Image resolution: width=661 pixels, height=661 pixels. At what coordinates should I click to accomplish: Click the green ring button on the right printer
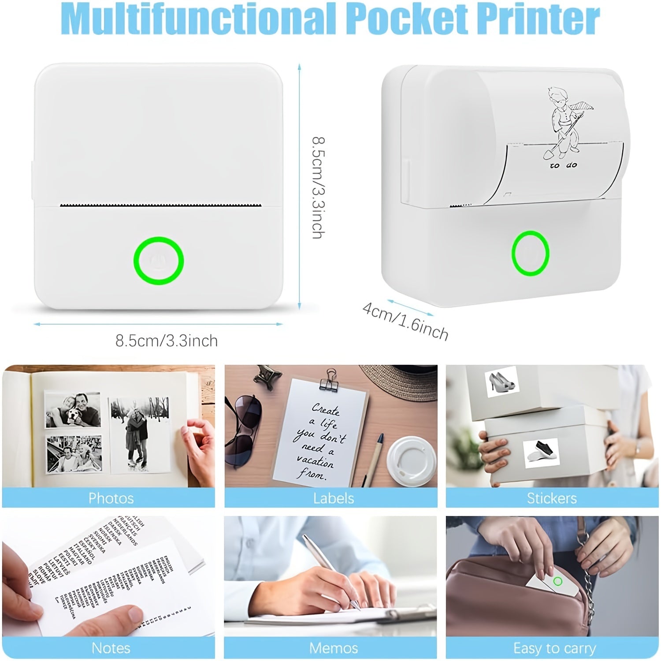tap(530, 253)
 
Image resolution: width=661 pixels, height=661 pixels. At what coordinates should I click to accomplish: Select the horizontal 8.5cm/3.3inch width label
tap(167, 341)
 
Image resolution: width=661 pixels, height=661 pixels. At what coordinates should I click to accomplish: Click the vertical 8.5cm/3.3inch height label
tap(318, 187)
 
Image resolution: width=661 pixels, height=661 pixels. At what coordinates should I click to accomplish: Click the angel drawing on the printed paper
tap(562, 121)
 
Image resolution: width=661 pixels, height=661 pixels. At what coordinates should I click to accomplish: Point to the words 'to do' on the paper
tap(563, 166)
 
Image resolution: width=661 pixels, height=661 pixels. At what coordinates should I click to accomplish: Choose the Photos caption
tap(111, 498)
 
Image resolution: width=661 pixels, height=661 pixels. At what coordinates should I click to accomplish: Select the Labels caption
tap(334, 498)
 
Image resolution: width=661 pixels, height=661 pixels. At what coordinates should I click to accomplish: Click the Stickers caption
tap(552, 498)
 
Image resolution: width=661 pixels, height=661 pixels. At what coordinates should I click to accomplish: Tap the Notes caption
tap(111, 648)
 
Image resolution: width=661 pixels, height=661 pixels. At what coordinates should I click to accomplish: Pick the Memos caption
tap(334, 648)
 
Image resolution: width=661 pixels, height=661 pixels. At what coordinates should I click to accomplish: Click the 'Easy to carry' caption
tap(554, 648)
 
